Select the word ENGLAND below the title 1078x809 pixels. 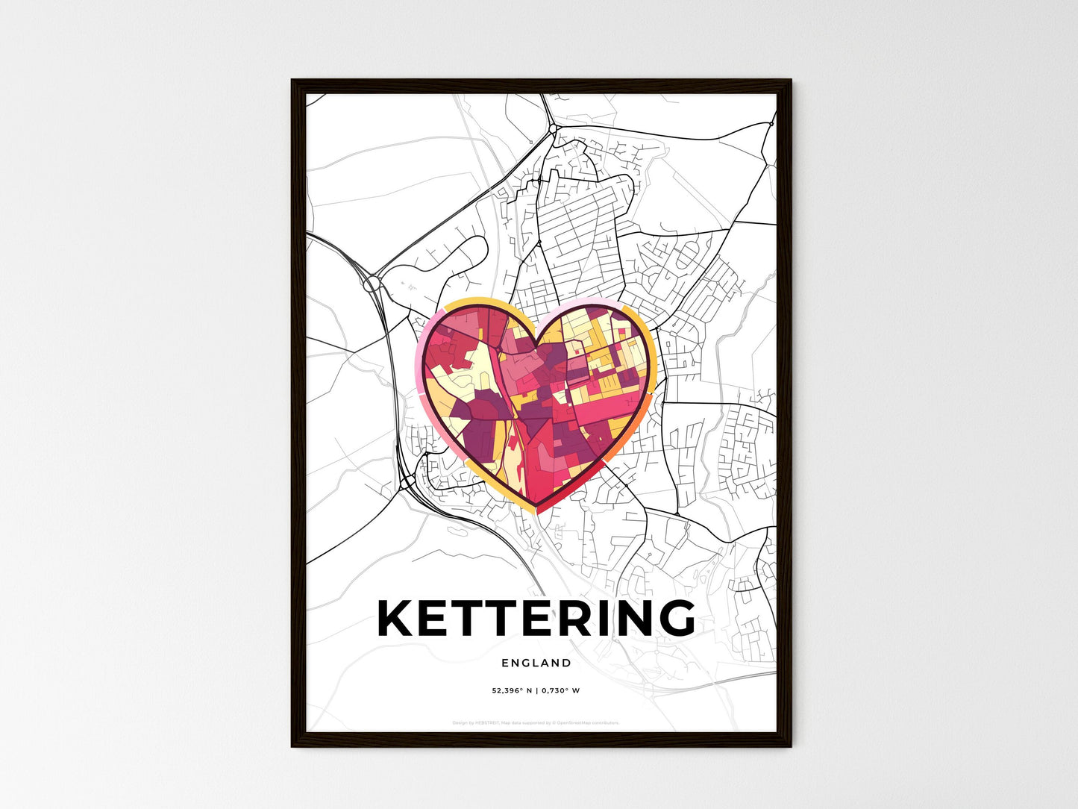pyautogui.click(x=536, y=663)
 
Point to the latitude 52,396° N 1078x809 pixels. pyautogui.click(x=511, y=690)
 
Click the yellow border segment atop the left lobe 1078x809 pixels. pyautogui.click(x=477, y=303)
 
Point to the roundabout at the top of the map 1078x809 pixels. pyautogui.click(x=552, y=129)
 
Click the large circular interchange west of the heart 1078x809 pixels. pyautogui.click(x=371, y=284)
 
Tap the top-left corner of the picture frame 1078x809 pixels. pyautogui.click(x=292, y=81)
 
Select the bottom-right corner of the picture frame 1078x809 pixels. pyautogui.click(x=790, y=746)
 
